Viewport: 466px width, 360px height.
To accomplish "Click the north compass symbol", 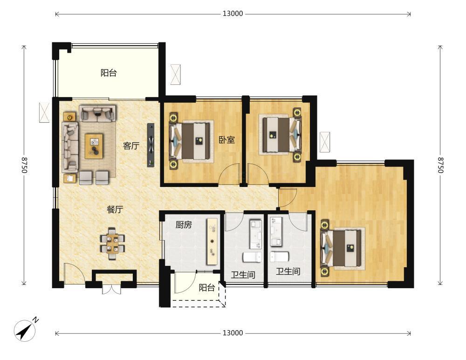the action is click(25, 330).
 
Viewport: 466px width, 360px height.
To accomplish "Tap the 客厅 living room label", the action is click(131, 146).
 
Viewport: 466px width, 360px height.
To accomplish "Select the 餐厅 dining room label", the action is click(115, 209).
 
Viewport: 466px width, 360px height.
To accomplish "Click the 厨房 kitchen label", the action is click(184, 225).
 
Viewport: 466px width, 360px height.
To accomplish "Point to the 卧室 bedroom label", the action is click(227, 139).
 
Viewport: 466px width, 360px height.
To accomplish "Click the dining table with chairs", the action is click(112, 244).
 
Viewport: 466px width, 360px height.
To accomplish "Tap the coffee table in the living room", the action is click(94, 146).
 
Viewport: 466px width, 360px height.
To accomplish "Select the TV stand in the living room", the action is click(151, 145).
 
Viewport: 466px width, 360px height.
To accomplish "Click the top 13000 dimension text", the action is click(233, 14).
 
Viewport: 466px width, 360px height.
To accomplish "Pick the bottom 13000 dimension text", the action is click(233, 333).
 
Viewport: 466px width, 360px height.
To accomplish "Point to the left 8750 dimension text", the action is click(24, 165).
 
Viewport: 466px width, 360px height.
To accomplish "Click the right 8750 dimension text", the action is click(440, 165).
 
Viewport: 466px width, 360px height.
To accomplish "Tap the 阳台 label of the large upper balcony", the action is click(109, 73).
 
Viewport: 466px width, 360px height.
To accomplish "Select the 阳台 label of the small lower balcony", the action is click(207, 288).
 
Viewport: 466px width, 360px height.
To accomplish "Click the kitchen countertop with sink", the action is click(212, 241).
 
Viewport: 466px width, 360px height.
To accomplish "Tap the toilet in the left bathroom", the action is click(252, 257).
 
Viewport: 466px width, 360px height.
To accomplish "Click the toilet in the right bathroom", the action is click(279, 256).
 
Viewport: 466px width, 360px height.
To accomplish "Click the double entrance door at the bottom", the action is click(111, 290).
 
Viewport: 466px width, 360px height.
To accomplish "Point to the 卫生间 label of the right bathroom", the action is click(288, 271).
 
